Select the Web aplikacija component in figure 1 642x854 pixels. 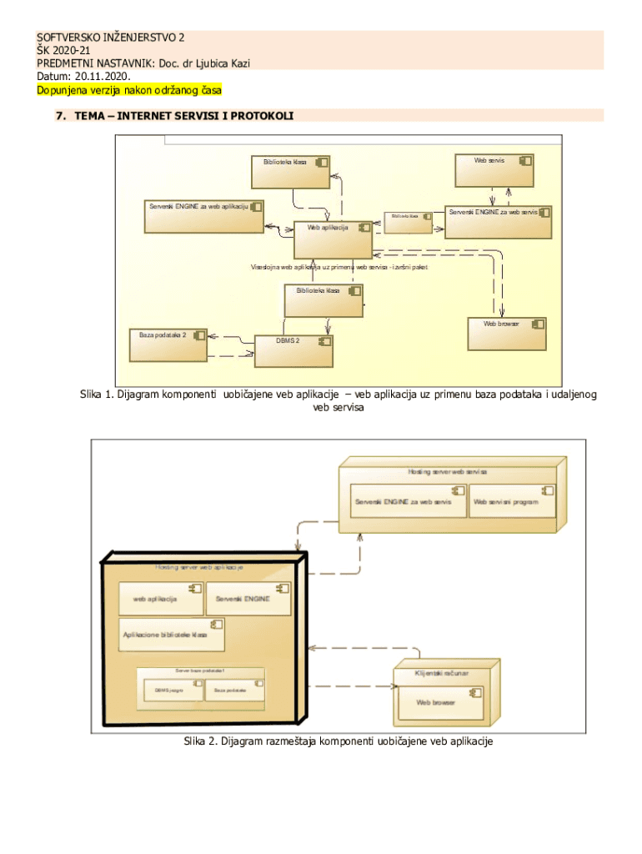click(x=334, y=239)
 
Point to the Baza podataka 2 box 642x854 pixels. click(x=168, y=344)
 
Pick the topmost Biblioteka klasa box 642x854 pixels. click(x=291, y=172)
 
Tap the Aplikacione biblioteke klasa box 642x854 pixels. click(x=172, y=634)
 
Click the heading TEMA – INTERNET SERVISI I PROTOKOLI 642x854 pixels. click(x=183, y=116)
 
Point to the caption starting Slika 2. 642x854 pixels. click(x=339, y=741)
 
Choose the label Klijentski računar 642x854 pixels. click(x=442, y=672)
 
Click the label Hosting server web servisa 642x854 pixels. click(x=447, y=472)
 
